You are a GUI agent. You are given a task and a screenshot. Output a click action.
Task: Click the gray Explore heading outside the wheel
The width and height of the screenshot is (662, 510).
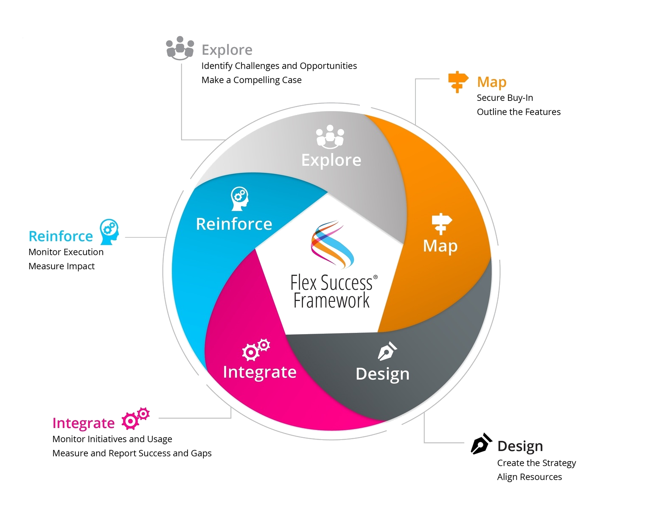tap(227, 50)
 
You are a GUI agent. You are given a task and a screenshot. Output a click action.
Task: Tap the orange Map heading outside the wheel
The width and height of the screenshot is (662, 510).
tap(491, 82)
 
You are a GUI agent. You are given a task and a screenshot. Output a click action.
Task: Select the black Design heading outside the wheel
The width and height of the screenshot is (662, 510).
tap(520, 446)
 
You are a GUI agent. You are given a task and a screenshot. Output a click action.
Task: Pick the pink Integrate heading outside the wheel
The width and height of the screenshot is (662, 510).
tap(83, 423)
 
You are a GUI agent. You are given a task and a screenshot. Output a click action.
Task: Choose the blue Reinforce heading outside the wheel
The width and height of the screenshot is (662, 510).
tap(60, 236)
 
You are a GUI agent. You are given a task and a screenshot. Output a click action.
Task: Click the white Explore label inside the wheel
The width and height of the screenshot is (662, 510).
tap(331, 160)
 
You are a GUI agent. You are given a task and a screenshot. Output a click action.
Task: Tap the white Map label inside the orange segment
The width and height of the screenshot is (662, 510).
tap(440, 246)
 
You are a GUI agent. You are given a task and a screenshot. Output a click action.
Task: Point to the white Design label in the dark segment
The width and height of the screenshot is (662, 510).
tap(382, 374)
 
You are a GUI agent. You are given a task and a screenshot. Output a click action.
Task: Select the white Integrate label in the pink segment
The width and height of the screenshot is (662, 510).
tap(259, 372)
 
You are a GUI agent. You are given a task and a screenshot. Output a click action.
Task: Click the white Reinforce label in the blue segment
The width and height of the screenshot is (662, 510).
tap(234, 224)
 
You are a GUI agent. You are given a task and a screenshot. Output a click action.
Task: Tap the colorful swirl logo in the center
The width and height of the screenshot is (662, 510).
tap(332, 245)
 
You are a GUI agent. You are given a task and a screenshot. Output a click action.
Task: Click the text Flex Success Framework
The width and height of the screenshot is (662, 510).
tap(332, 291)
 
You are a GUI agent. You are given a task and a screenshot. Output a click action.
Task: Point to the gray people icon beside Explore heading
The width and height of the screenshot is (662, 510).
tap(180, 47)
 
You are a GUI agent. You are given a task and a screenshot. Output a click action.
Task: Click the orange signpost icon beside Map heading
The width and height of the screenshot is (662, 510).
tap(458, 81)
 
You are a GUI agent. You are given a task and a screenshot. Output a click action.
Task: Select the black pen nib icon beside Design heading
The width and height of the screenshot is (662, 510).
tap(482, 444)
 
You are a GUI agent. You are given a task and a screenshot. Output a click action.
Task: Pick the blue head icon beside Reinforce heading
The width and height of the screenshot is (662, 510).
tap(109, 231)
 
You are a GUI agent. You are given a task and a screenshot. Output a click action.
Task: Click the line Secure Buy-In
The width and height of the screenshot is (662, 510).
tap(505, 98)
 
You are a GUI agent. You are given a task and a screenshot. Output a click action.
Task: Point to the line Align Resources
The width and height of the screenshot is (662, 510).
tap(529, 477)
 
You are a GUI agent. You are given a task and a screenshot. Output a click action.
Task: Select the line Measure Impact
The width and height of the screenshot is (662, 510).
tap(62, 266)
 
